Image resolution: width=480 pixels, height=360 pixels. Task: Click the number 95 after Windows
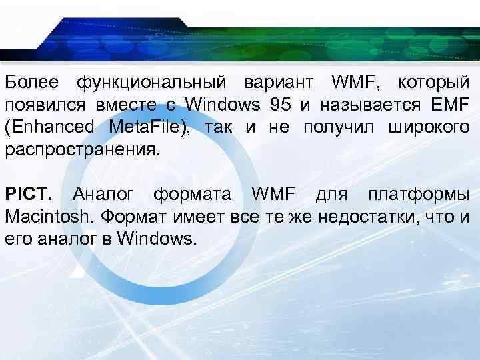(x=281, y=105)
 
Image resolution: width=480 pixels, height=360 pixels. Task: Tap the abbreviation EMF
(x=452, y=105)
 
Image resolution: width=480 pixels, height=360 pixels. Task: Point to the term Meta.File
(x=144, y=127)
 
